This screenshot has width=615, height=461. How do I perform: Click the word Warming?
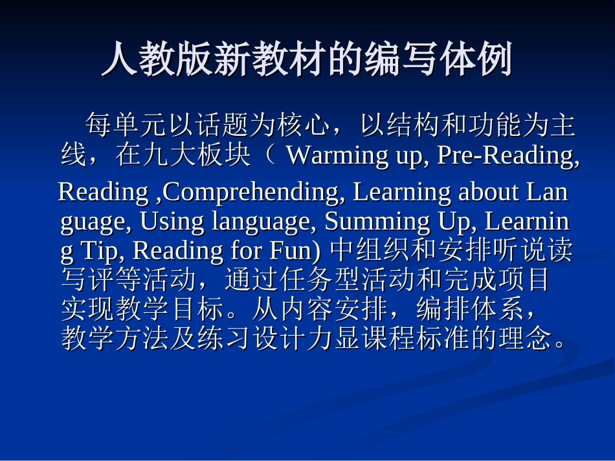point(324,156)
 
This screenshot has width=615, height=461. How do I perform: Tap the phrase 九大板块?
point(199,156)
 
